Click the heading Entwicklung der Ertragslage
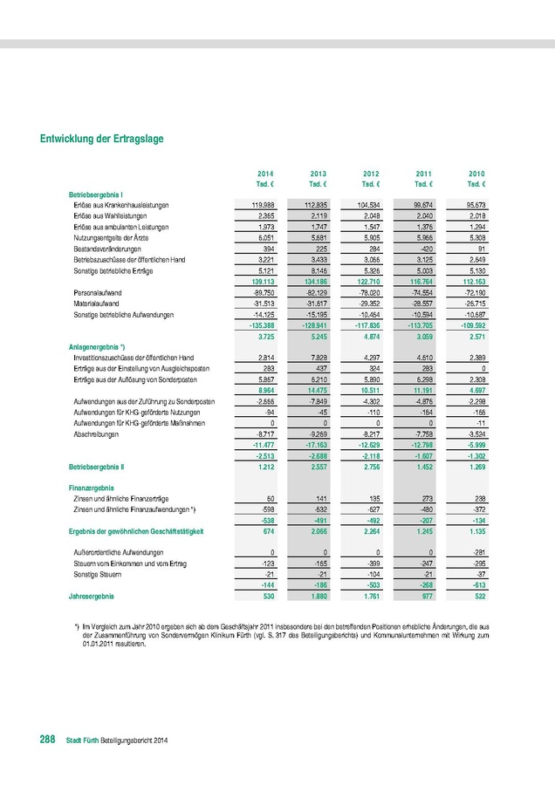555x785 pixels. (101, 139)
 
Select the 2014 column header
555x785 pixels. (265, 174)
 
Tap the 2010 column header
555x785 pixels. (476, 174)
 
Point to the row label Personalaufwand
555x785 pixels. (97, 292)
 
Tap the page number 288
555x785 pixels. (47, 740)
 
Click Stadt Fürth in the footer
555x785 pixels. (86, 741)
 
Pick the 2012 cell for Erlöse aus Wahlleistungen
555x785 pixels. (371, 215)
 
